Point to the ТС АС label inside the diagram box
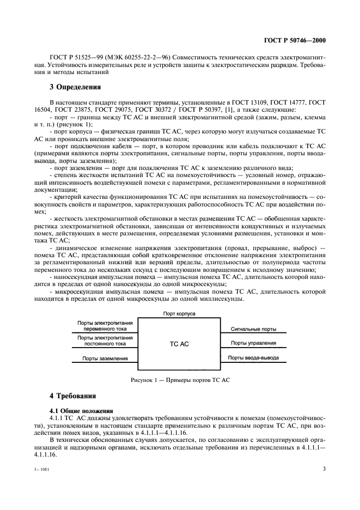pyautogui.click(x=179, y=344)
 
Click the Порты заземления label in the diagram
pyautogui.click(x=105, y=359)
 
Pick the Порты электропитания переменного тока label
pyautogui.click(x=105, y=326)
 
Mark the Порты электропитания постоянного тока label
pyautogui.click(x=105, y=341)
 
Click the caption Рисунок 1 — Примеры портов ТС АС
pyautogui.click(x=179, y=380)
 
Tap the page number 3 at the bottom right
pyautogui.click(x=324, y=468)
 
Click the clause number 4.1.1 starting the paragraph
pyautogui.click(x=57, y=417)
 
